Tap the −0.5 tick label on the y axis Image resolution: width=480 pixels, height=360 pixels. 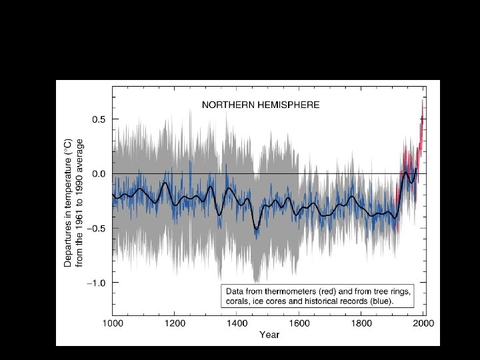click(x=98, y=229)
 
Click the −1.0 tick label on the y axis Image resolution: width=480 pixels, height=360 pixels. click(x=98, y=283)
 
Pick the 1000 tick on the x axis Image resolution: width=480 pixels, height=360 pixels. click(x=113, y=323)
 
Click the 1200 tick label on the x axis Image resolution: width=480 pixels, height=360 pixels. click(x=175, y=323)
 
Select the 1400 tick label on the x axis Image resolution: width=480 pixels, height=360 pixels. click(x=237, y=323)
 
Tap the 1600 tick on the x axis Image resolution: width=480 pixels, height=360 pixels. click(x=299, y=323)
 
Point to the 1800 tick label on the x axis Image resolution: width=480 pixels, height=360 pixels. click(x=361, y=323)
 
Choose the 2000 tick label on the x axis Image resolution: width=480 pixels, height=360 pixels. click(x=423, y=323)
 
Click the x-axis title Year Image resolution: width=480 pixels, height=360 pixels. click(x=269, y=335)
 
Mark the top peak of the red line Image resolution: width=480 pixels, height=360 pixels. click(x=422, y=99)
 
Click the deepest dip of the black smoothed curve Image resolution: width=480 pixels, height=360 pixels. click(x=256, y=229)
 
